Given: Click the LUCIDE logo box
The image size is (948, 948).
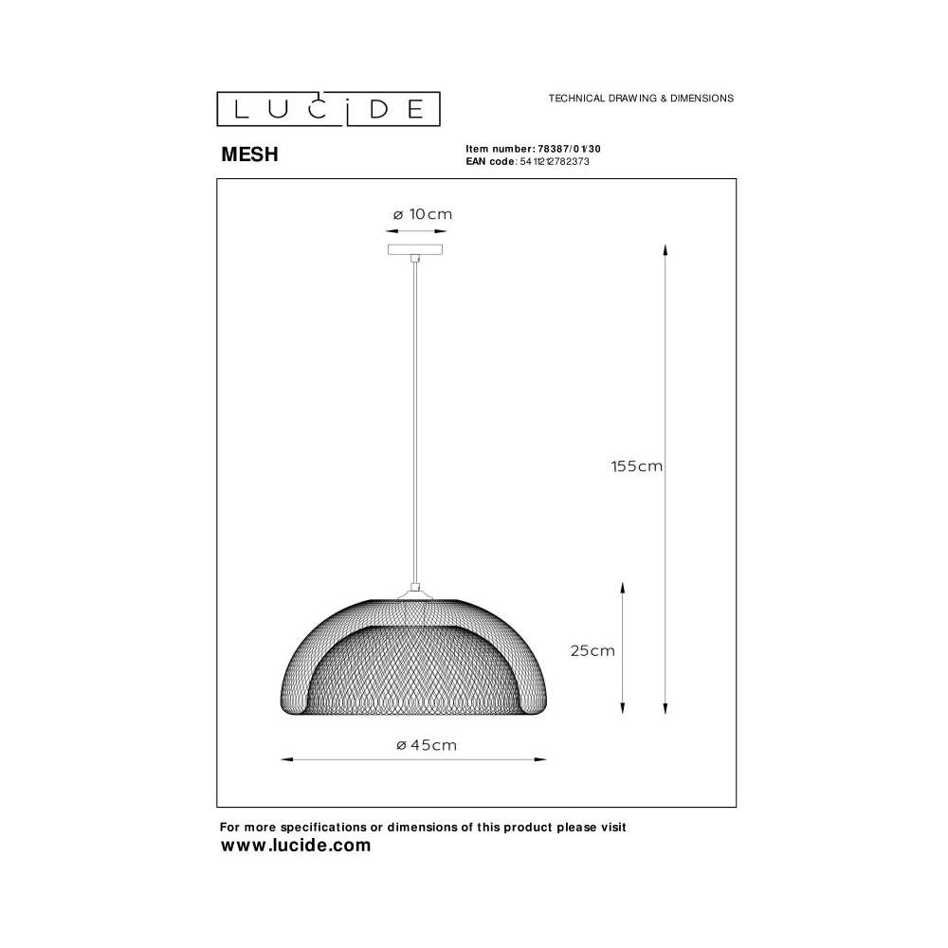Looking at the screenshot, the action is point(328,109).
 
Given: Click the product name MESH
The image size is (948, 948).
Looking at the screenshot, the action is point(249,155).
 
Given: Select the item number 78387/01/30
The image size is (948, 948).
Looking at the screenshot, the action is point(569,149).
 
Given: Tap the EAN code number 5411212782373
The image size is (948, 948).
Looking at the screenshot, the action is point(555,161).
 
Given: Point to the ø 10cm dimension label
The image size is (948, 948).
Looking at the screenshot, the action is point(423,214).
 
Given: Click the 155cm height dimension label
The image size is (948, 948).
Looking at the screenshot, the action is point(637,466).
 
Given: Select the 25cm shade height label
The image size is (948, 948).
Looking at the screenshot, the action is point(592,650).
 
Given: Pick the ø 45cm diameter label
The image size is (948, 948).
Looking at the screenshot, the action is point(427,745).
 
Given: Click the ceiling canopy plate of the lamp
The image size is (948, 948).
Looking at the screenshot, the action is point(415,249).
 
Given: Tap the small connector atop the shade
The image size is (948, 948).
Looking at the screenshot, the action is point(415,586).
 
